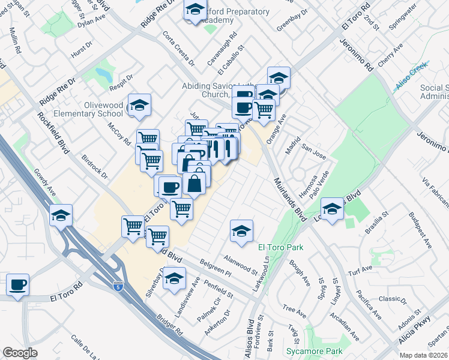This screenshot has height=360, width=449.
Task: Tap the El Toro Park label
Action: [280, 247]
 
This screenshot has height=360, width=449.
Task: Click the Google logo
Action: [20, 353]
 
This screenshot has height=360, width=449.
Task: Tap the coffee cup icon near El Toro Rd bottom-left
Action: [17, 284]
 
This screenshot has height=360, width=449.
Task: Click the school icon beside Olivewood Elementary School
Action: [139, 106]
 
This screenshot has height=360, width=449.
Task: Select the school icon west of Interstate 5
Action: [61, 215]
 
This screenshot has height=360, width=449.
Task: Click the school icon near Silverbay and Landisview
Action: [175, 280]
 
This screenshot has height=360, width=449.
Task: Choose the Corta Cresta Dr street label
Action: [179, 49]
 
